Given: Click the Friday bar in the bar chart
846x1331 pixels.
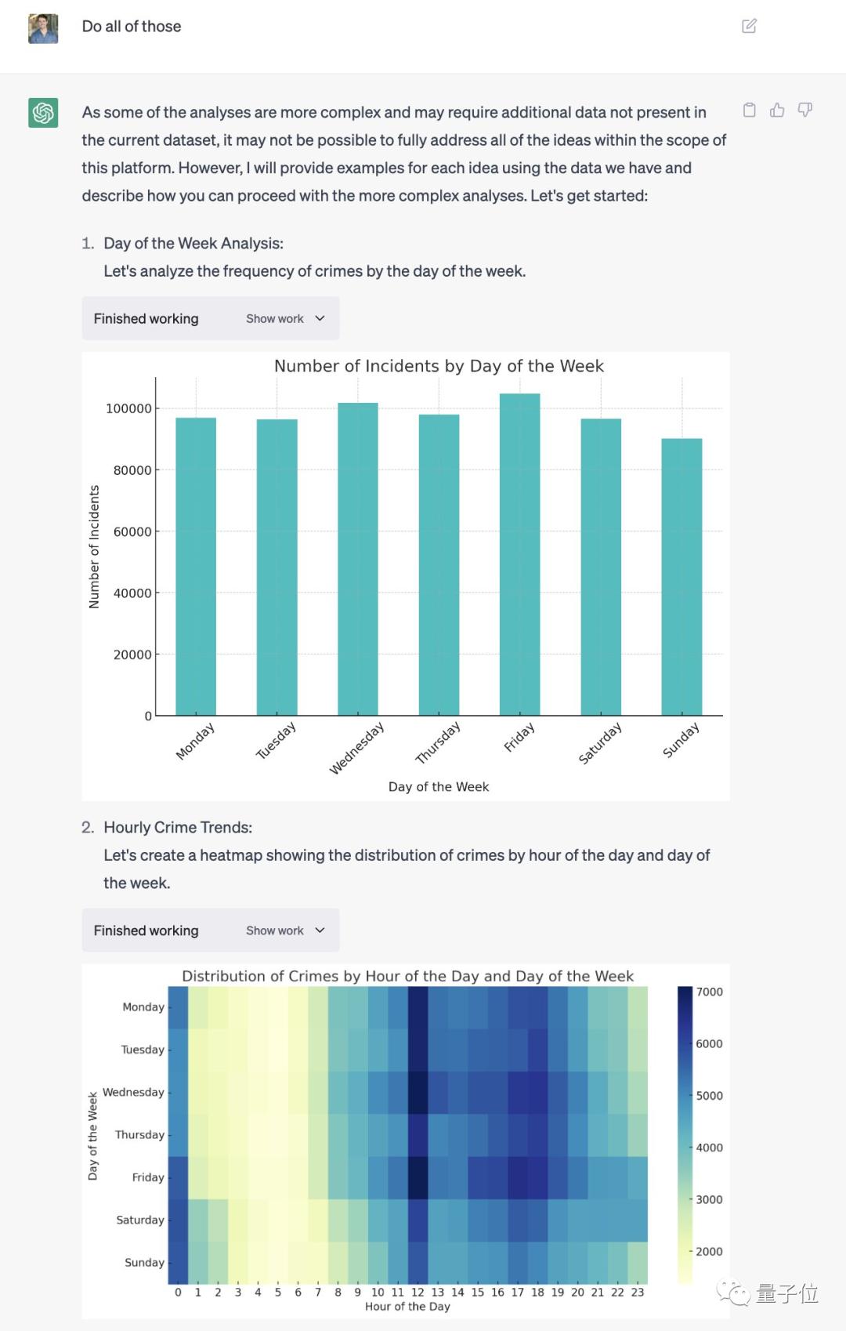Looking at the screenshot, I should (x=519, y=554).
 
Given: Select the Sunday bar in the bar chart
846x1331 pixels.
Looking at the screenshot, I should (x=681, y=577).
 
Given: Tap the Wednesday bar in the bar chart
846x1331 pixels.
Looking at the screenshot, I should (x=358, y=559).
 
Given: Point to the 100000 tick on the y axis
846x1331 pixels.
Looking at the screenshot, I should (x=128, y=408).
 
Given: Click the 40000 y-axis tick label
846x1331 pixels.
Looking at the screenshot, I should (x=132, y=593).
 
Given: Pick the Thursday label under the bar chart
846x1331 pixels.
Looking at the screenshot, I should (x=437, y=742).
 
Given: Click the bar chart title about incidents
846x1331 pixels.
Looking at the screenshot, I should (x=439, y=366).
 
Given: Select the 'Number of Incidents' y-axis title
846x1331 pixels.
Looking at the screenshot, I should (x=94, y=546).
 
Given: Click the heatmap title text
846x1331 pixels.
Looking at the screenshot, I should (x=407, y=976).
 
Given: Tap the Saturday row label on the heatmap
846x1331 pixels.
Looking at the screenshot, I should (x=140, y=1220).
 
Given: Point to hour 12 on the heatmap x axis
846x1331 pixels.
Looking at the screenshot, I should (x=418, y=1292).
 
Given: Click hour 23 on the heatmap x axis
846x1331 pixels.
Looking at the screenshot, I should (x=638, y=1292).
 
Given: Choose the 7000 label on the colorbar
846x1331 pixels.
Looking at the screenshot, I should (x=709, y=992).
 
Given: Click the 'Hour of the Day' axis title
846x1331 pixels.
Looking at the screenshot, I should (x=407, y=1306).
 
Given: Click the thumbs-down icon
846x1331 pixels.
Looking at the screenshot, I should (x=804, y=110).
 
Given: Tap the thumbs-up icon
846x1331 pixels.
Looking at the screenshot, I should (x=777, y=110).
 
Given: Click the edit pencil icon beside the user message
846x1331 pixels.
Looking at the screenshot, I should (x=749, y=26).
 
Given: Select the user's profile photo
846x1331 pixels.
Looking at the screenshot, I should (x=43, y=28).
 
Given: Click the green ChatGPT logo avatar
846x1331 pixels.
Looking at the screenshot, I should (x=43, y=113).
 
